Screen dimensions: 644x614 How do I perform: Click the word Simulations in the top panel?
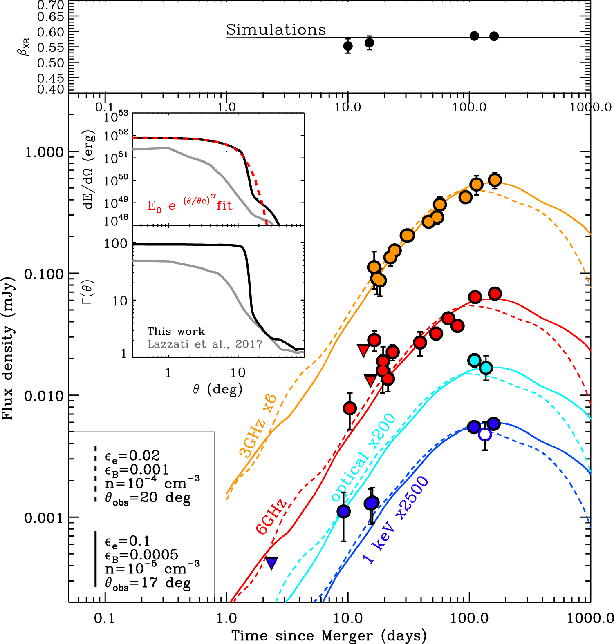point(276,30)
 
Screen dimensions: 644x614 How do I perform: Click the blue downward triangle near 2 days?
point(271,563)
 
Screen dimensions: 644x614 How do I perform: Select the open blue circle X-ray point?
point(485,435)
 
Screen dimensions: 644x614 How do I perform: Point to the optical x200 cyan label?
point(363,457)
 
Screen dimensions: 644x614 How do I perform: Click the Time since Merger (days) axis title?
point(329,635)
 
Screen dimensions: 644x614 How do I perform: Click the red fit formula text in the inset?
point(190,204)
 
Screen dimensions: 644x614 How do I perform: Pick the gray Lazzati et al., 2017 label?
point(205,344)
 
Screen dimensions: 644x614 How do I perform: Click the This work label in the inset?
point(176,331)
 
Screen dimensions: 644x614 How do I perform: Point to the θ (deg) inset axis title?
point(218,389)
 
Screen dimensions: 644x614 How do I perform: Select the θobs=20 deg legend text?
point(148,498)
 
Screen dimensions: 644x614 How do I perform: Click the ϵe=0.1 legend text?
point(127,541)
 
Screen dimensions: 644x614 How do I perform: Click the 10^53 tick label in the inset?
point(116,117)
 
